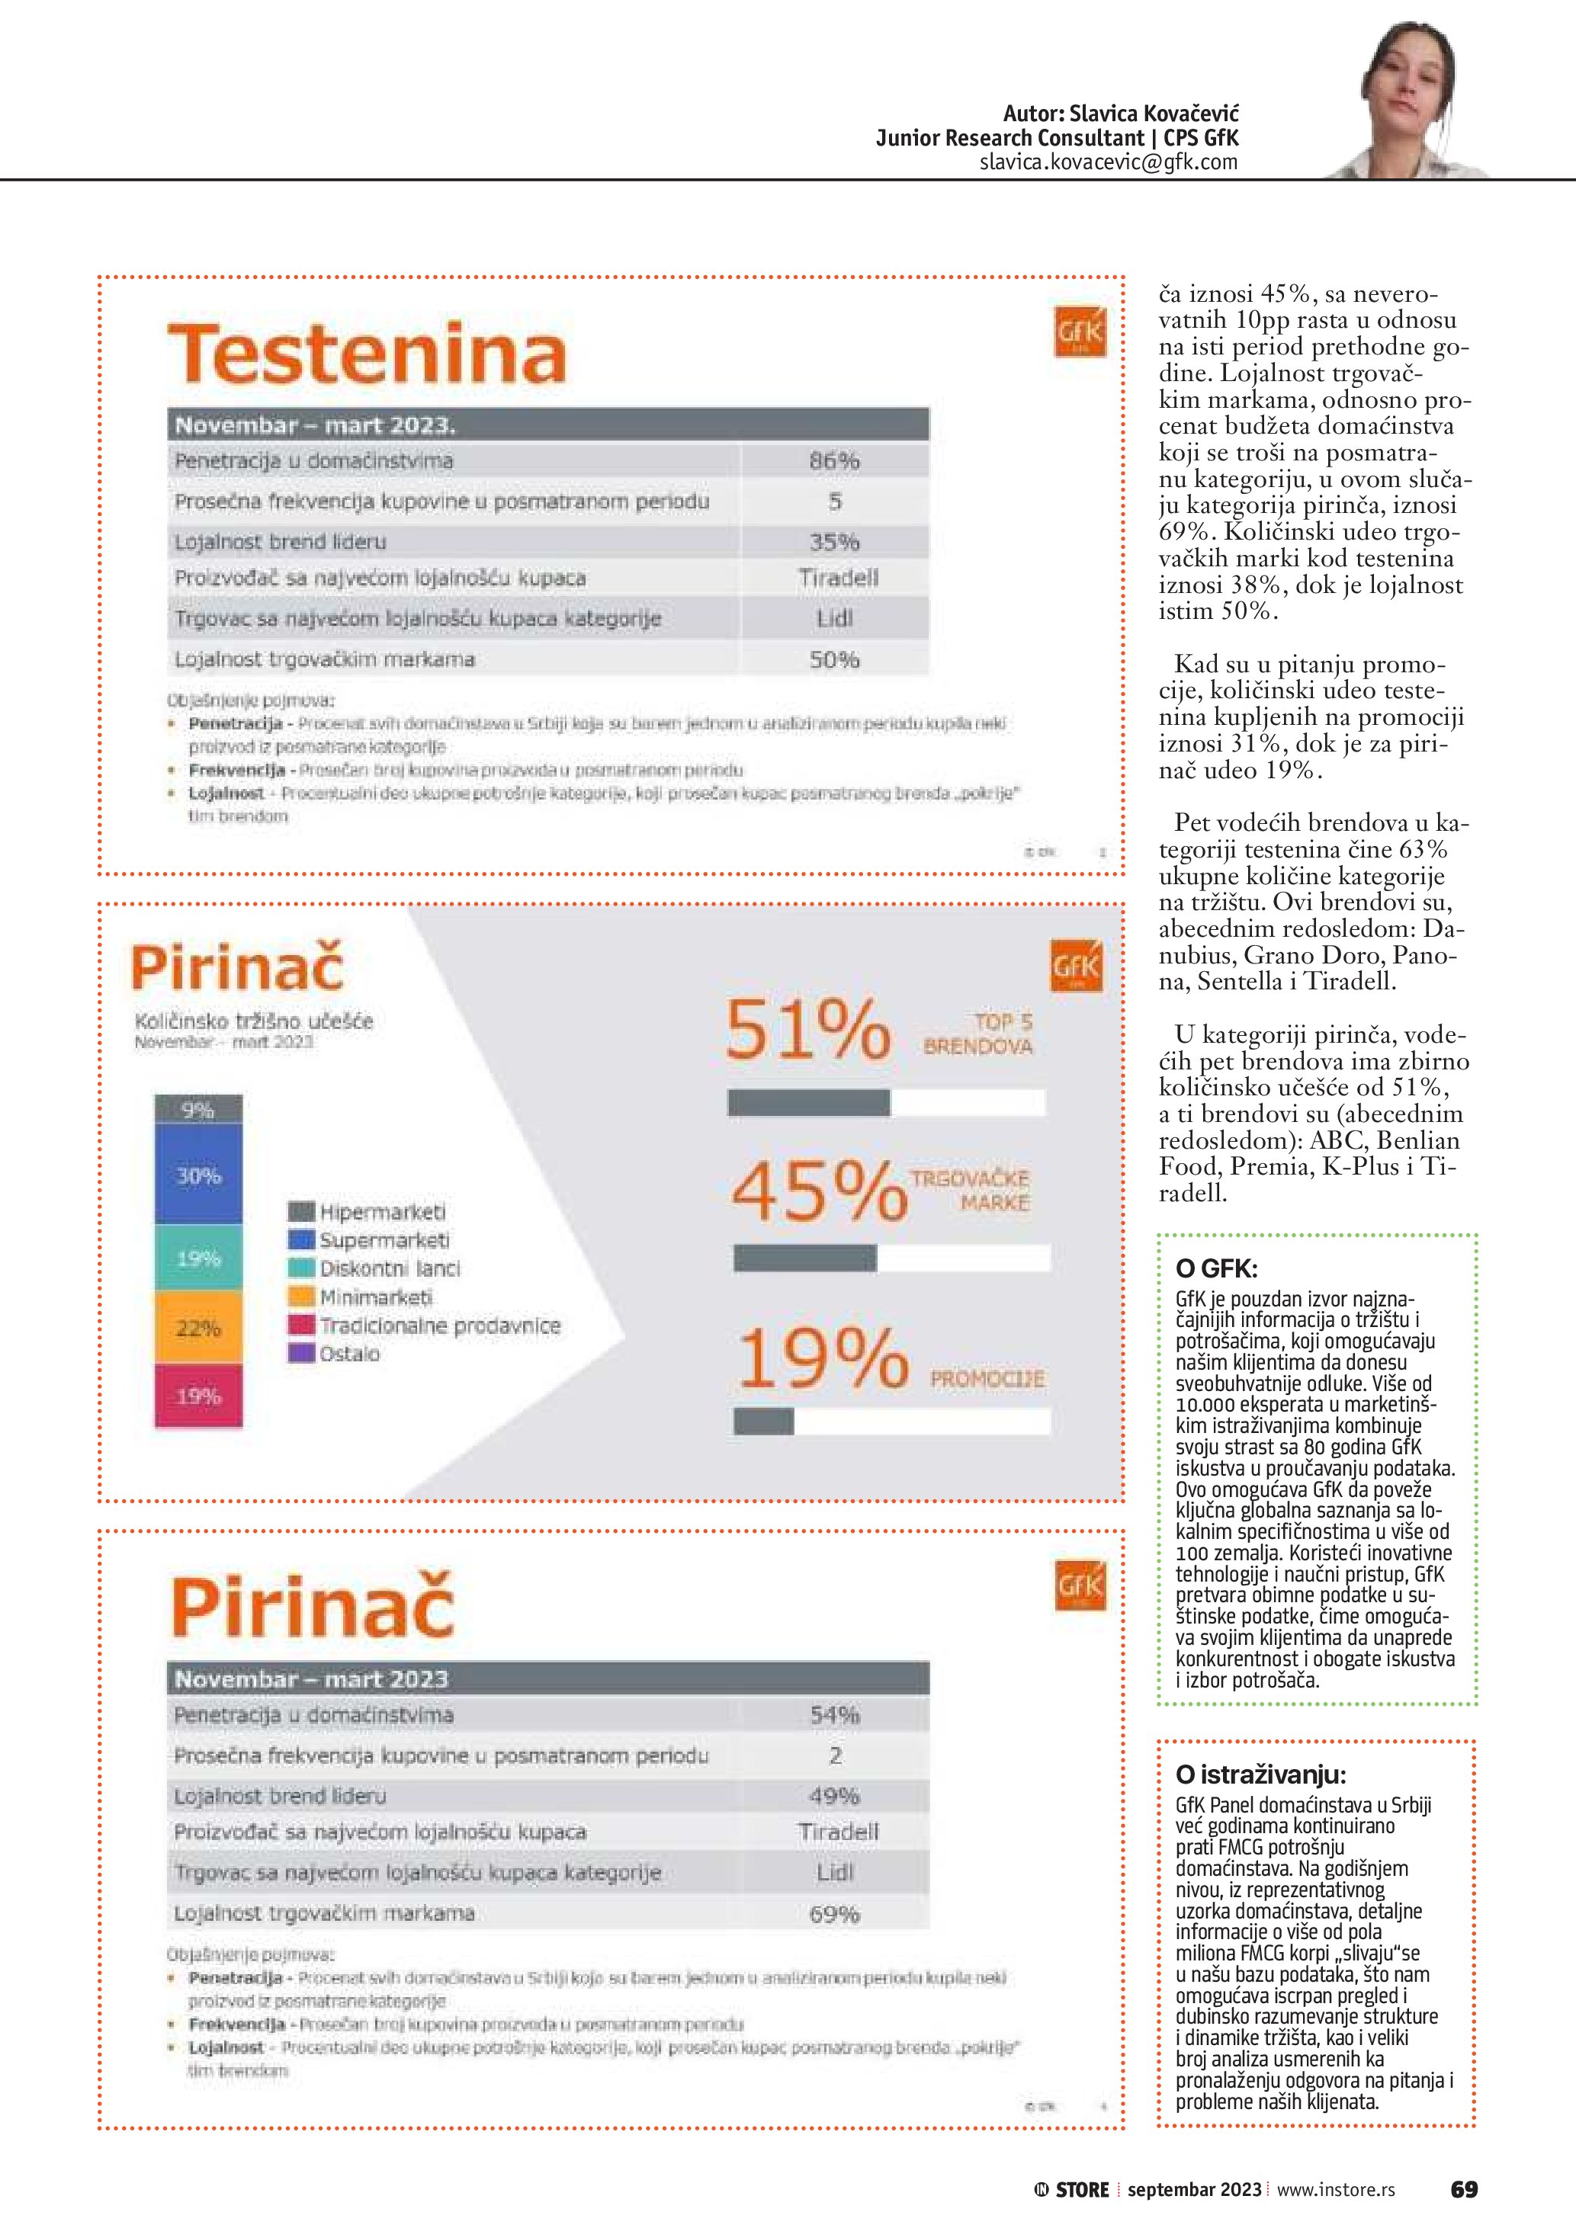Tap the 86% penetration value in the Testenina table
pos(835,461)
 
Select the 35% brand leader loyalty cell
pos(835,541)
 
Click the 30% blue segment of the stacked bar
pos(198,1175)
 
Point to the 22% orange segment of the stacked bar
pos(198,1328)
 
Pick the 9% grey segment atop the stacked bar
pos(198,1110)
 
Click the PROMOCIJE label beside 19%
pos(987,1379)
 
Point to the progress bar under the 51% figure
pos(886,1102)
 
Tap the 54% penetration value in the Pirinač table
pos(835,1716)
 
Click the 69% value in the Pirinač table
pos(835,1915)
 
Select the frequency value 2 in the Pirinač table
pos(835,1755)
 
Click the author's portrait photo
pos(1411,92)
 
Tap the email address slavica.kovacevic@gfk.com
pos(1109,162)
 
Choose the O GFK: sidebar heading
pos(1216,1268)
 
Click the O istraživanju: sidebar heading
pos(1260,1774)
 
